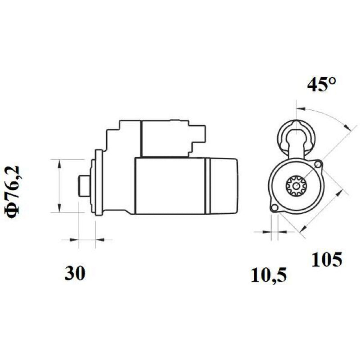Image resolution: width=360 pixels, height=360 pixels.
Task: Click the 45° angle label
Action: [321, 85]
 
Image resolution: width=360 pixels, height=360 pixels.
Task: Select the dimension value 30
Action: [75, 273]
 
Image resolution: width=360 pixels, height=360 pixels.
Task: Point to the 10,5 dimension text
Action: [269, 275]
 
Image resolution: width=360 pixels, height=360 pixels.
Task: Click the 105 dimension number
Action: [327, 260]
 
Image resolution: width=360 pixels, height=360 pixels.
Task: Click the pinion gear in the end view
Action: [296, 185]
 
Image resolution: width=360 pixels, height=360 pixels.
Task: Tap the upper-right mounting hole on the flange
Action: [318, 164]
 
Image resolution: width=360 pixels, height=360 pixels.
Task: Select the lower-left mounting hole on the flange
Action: [274, 208]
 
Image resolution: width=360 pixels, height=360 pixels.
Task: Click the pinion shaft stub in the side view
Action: [84, 186]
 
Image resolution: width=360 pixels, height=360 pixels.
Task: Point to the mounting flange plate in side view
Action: [99, 183]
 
